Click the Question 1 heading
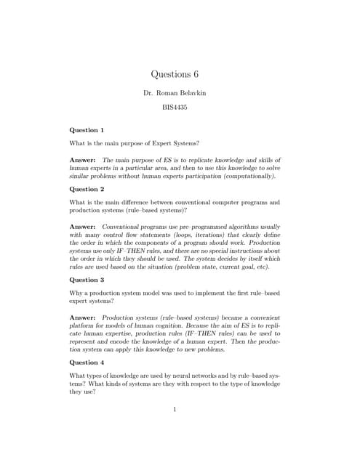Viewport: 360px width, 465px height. click(x=87, y=129)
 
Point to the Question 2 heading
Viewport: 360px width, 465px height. click(x=87, y=188)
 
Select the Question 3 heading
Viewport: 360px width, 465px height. click(x=87, y=279)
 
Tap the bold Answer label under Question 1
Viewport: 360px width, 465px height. click(x=82, y=159)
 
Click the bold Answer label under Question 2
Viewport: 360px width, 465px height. click(x=82, y=227)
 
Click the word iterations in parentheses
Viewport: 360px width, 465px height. click(x=221, y=235)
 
